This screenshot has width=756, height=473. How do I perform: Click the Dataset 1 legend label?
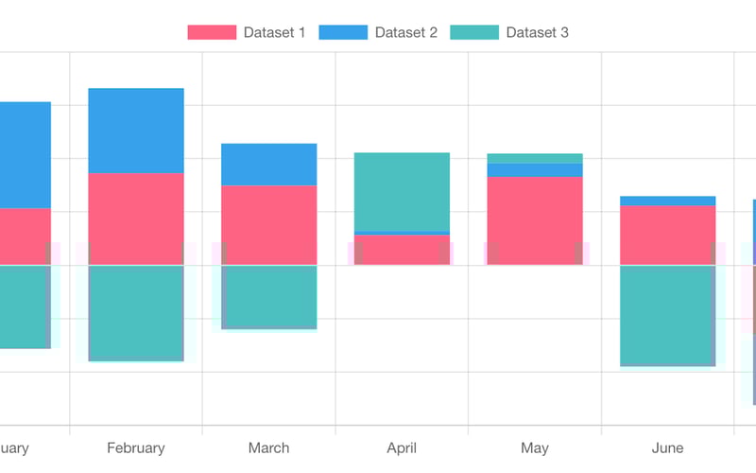pyautogui.click(x=274, y=33)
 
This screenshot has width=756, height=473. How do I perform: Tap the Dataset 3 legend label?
pyautogui.click(x=537, y=33)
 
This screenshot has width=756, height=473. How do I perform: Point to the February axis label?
pyautogui.click(x=136, y=447)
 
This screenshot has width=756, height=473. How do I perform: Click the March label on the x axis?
pyautogui.click(x=268, y=447)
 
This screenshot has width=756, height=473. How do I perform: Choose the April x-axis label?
pyautogui.click(x=402, y=447)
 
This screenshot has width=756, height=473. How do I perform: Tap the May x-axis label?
pyautogui.click(x=535, y=447)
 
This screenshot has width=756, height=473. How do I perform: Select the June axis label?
pyautogui.click(x=667, y=447)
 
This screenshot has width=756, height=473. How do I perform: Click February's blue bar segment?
pyautogui.click(x=136, y=131)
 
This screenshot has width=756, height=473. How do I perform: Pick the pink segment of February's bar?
pyautogui.click(x=136, y=219)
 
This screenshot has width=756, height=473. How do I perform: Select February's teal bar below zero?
pyautogui.click(x=136, y=312)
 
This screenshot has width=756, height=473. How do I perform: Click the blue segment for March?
pyautogui.click(x=268, y=165)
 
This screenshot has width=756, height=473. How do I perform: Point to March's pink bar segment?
pyautogui.click(x=268, y=224)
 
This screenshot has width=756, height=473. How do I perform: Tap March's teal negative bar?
pyautogui.click(x=268, y=296)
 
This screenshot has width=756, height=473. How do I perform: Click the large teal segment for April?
pyautogui.click(x=402, y=191)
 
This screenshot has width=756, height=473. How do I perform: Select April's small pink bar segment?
pyautogui.click(x=402, y=250)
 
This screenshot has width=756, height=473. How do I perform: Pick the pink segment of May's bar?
pyautogui.click(x=535, y=220)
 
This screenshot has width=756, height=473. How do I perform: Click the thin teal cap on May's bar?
pyautogui.click(x=535, y=158)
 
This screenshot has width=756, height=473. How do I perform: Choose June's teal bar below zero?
pyautogui.click(x=667, y=315)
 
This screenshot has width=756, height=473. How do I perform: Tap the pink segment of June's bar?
pyautogui.click(x=667, y=235)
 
